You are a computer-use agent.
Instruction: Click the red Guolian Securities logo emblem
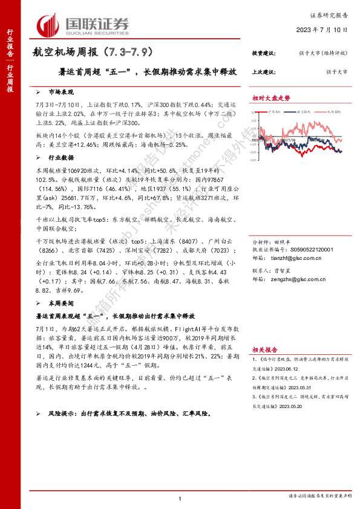(47, 25)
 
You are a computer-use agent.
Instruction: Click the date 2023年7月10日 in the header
(322, 29)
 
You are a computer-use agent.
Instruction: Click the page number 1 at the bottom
(180, 498)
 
